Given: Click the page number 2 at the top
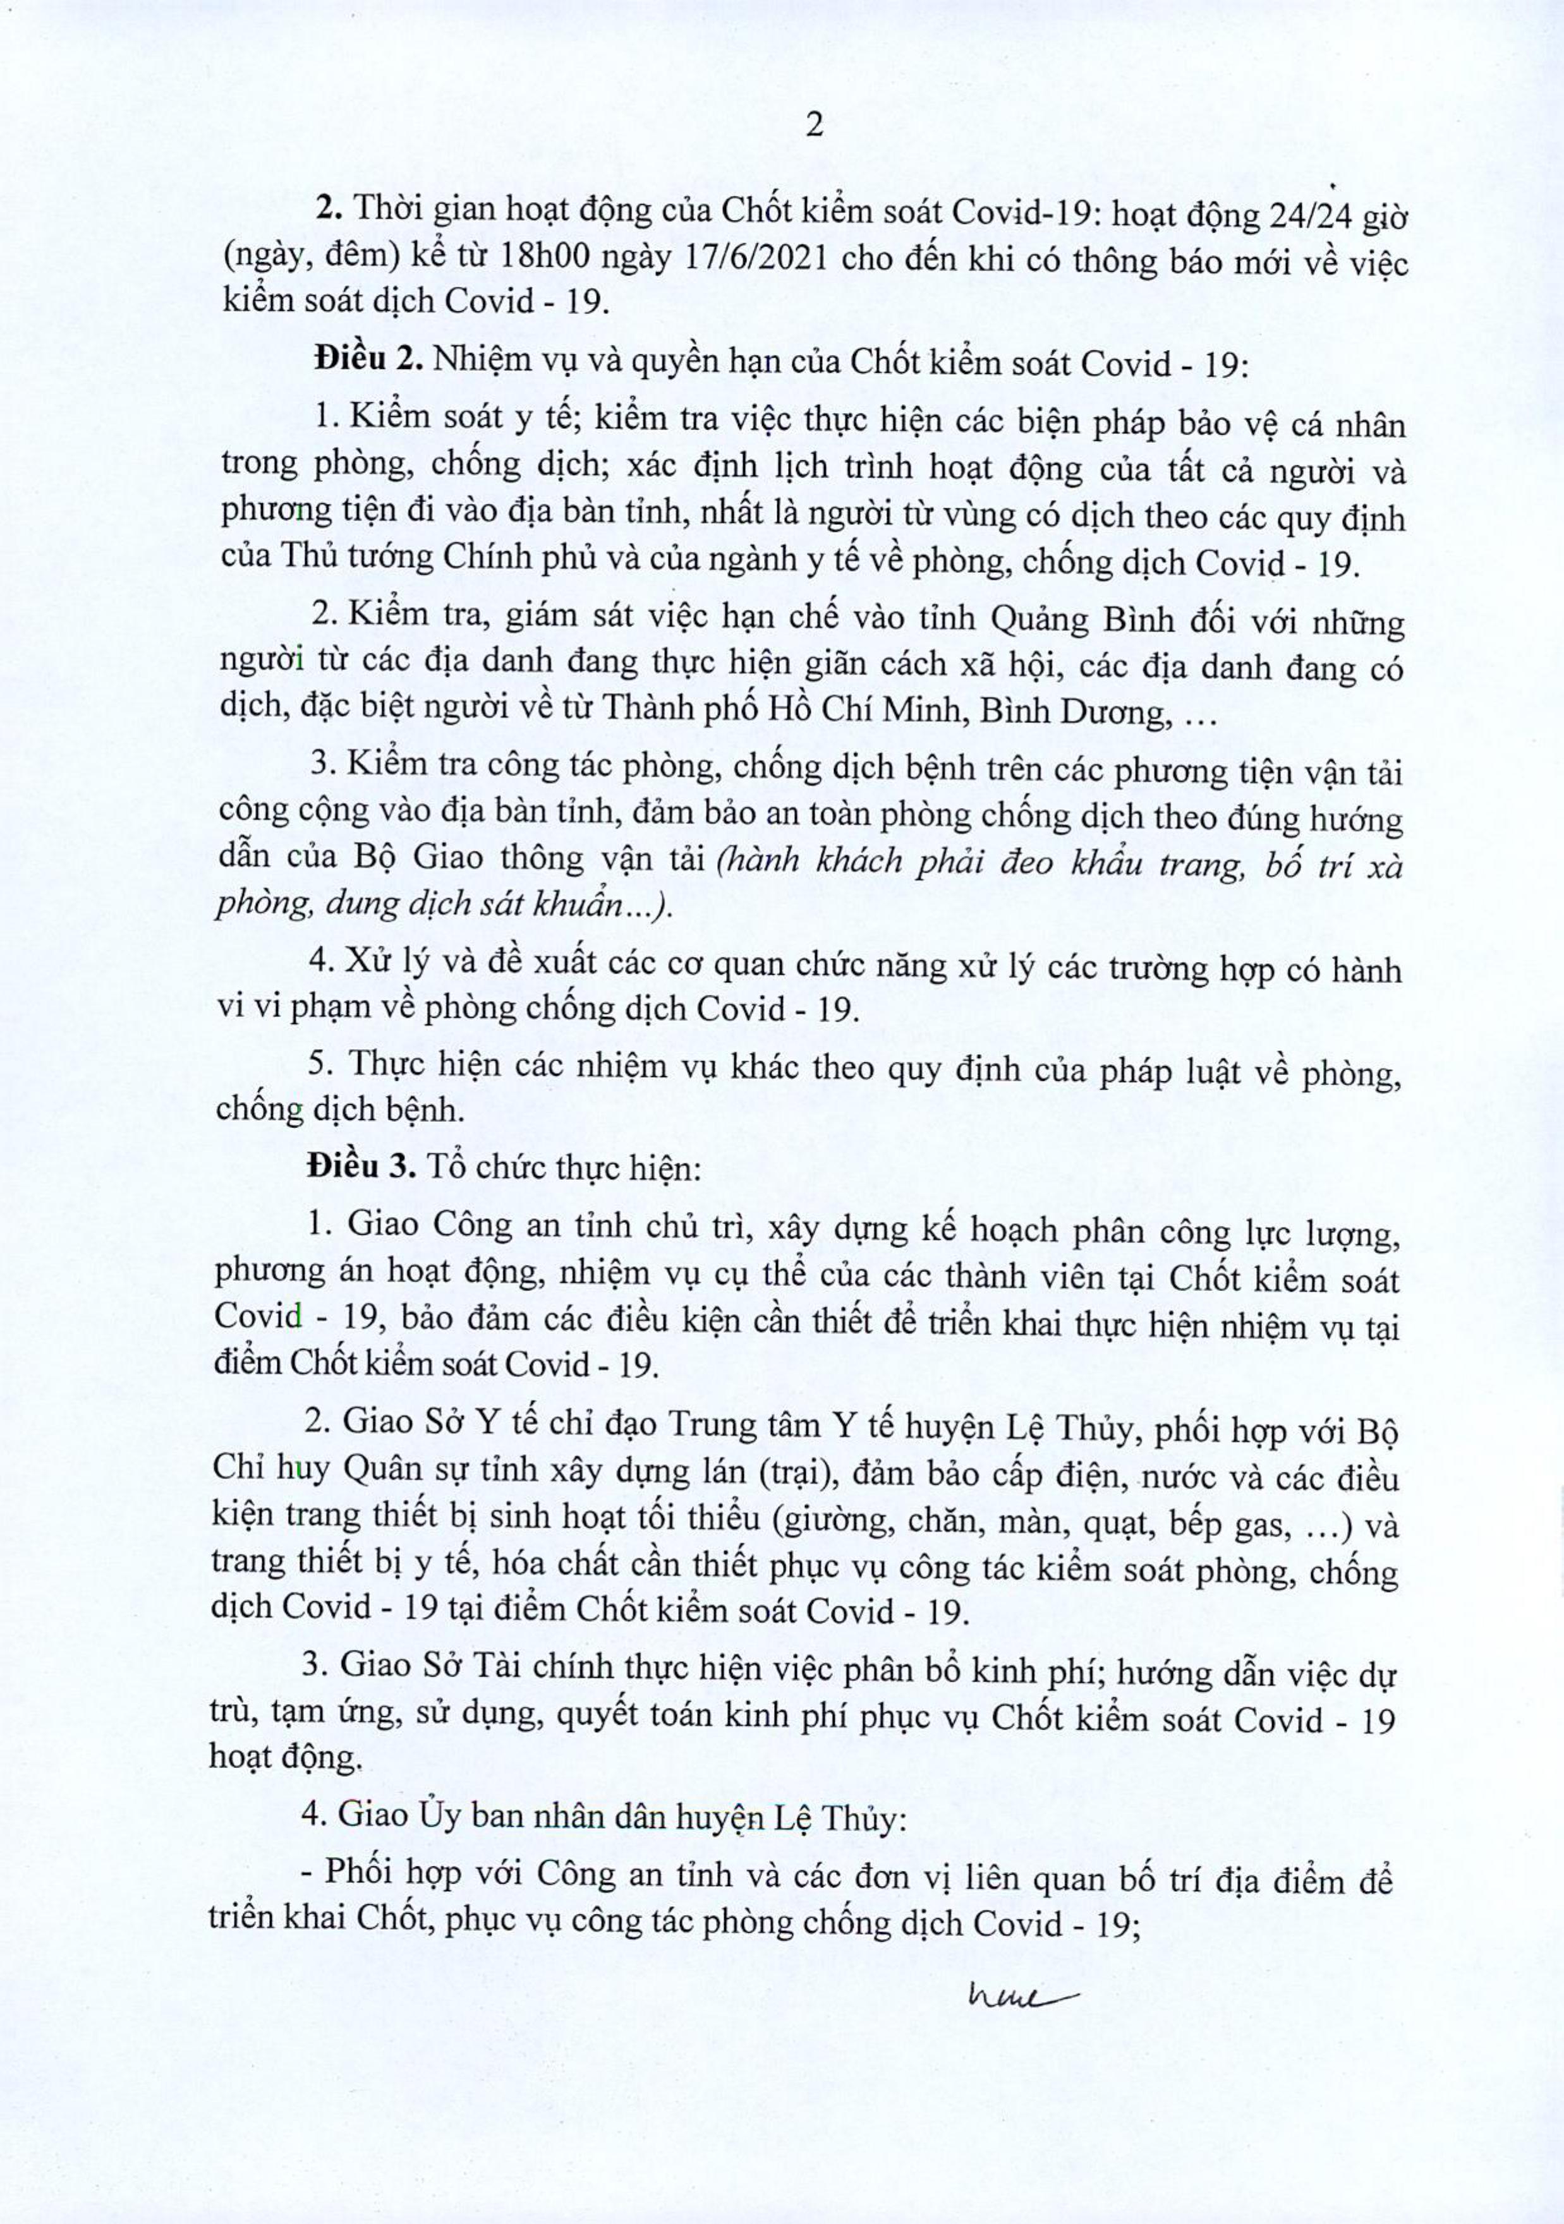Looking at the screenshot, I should point(814,127).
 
